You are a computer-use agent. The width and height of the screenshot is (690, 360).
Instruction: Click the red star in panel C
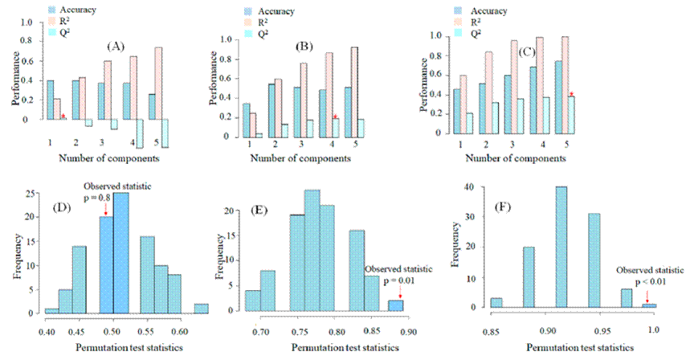tap(639, 94)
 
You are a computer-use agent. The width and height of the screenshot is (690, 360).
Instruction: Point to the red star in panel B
tap(335, 117)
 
